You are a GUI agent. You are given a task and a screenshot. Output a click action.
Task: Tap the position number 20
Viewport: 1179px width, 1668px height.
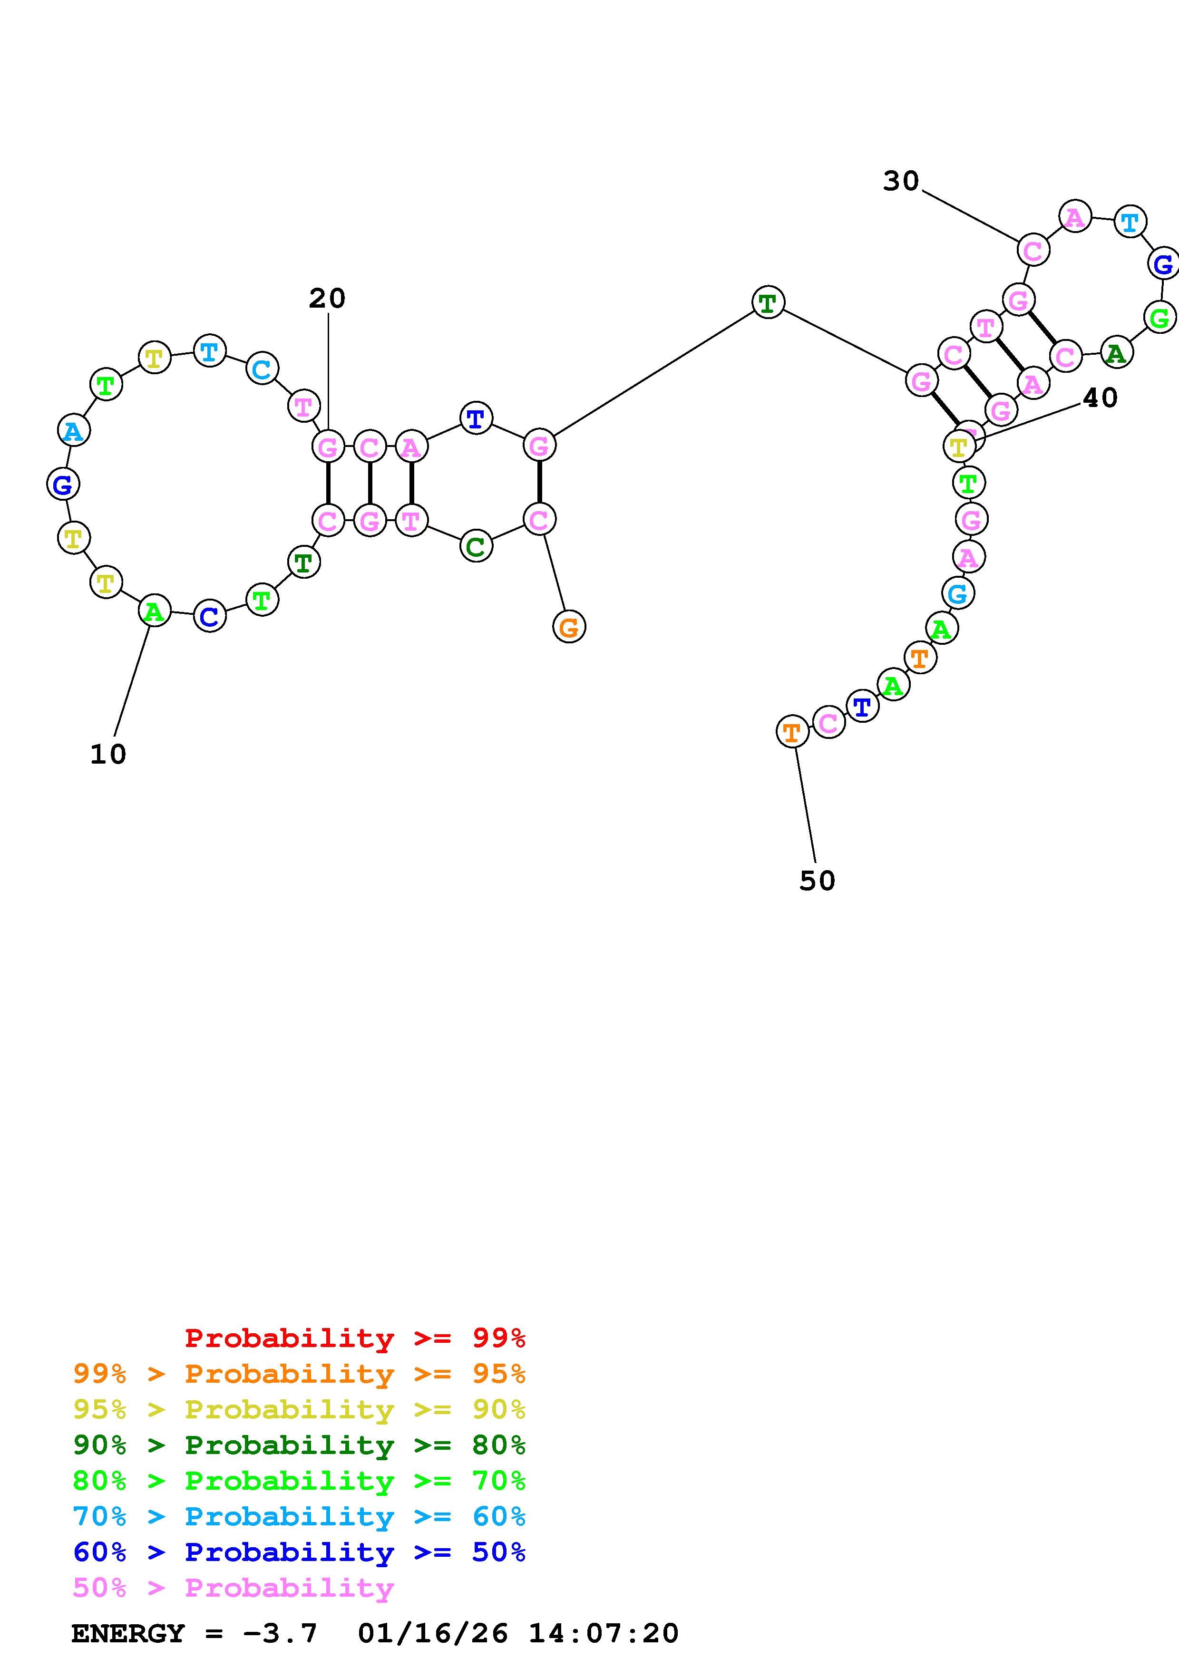pyautogui.click(x=327, y=298)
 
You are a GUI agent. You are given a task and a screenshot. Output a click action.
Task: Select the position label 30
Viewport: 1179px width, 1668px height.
pyautogui.click(x=901, y=181)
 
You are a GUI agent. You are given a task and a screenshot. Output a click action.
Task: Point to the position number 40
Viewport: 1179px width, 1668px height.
pyautogui.click(x=1100, y=398)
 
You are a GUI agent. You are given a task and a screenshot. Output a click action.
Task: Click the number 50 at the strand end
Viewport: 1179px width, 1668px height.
pyautogui.click(x=817, y=881)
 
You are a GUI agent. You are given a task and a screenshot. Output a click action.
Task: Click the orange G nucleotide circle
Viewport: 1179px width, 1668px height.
pyautogui.click(x=569, y=626)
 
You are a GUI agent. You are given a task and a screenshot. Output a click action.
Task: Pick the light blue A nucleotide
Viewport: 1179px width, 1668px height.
pyautogui.click(x=73, y=431)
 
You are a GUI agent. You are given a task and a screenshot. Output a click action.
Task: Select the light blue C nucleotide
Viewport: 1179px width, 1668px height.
pyautogui.click(x=262, y=369)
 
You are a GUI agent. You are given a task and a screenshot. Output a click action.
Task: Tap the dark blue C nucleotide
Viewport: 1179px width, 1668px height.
pyautogui.click(x=209, y=617)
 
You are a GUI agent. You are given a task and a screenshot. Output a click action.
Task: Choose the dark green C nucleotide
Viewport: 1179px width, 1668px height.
pyautogui.click(x=476, y=546)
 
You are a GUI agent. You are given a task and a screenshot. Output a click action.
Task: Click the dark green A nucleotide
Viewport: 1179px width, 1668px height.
pyautogui.click(x=1116, y=353)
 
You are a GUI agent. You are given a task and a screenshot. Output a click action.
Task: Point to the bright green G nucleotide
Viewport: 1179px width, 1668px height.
pyautogui.click(x=1160, y=318)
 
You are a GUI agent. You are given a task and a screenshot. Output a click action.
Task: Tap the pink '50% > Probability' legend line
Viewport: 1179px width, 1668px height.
pyautogui.click(x=233, y=1587)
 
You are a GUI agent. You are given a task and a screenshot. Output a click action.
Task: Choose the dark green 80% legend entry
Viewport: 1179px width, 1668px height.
pyautogui.click(x=299, y=1445)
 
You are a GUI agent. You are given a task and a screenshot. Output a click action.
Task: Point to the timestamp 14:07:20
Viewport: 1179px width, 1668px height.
pyautogui.click(x=603, y=1633)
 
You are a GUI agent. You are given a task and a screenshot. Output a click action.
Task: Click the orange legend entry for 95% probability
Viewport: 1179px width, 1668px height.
pyautogui.click(x=299, y=1374)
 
